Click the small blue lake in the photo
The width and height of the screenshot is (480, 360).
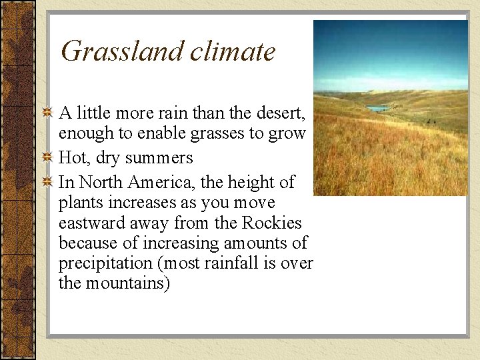(x=378, y=107)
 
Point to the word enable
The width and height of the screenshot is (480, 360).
(x=160, y=133)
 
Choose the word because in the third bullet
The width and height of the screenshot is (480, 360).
(x=85, y=243)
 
